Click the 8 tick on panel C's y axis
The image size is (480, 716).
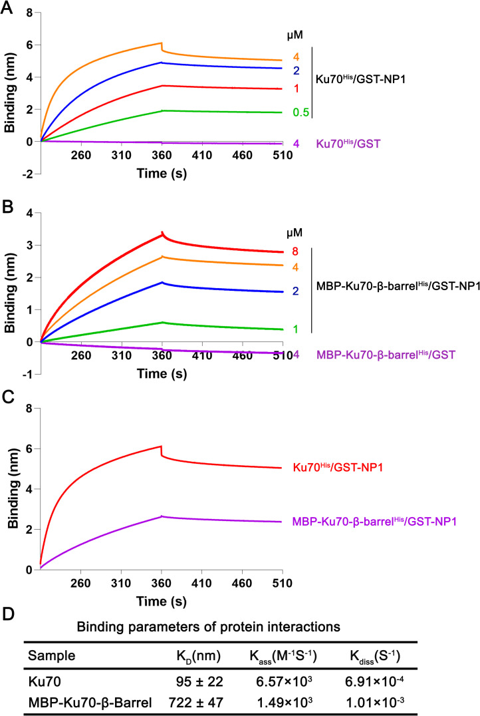28,408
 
